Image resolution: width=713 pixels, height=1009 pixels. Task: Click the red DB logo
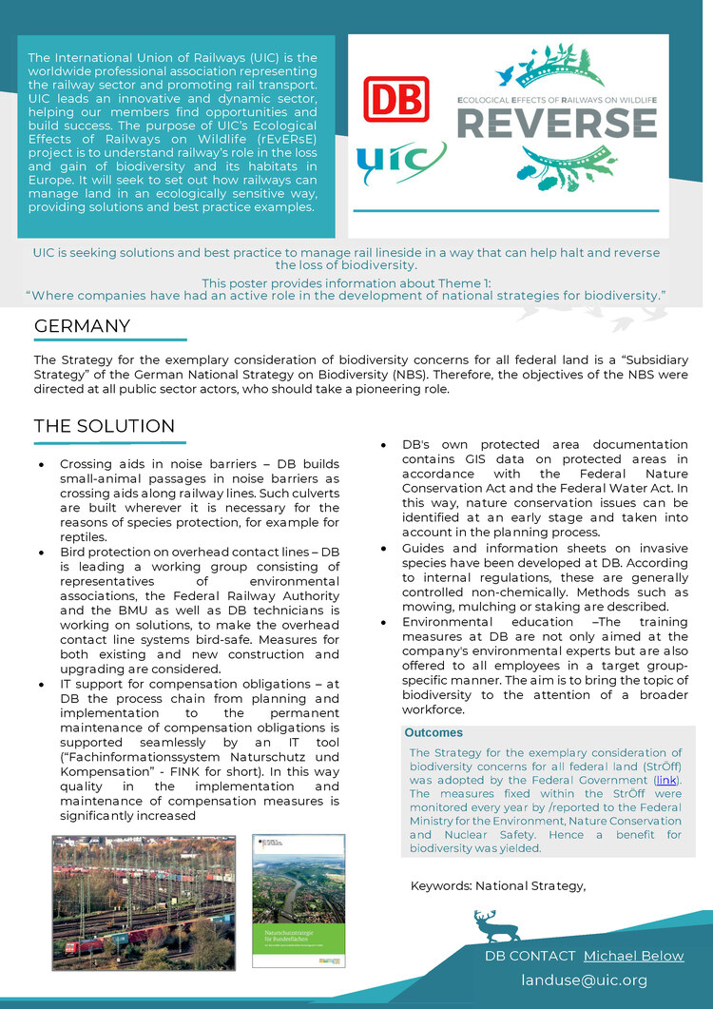[x=396, y=98]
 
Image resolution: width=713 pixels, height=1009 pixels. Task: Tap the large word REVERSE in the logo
[x=557, y=123]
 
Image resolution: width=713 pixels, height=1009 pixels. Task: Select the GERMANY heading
[x=82, y=326]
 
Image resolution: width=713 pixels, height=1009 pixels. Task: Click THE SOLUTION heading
[x=105, y=426]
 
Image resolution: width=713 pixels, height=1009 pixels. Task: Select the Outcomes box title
[x=434, y=733]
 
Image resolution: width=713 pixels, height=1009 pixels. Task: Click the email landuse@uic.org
[x=584, y=980]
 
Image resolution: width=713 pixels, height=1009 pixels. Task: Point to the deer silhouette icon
[x=496, y=925]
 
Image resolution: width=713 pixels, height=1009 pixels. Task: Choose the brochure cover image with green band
[x=298, y=901]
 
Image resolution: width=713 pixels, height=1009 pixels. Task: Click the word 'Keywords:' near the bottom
[x=440, y=886]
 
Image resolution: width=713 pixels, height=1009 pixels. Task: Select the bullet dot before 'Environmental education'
[x=382, y=623]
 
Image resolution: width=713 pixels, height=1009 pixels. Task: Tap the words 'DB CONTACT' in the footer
[x=530, y=956]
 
